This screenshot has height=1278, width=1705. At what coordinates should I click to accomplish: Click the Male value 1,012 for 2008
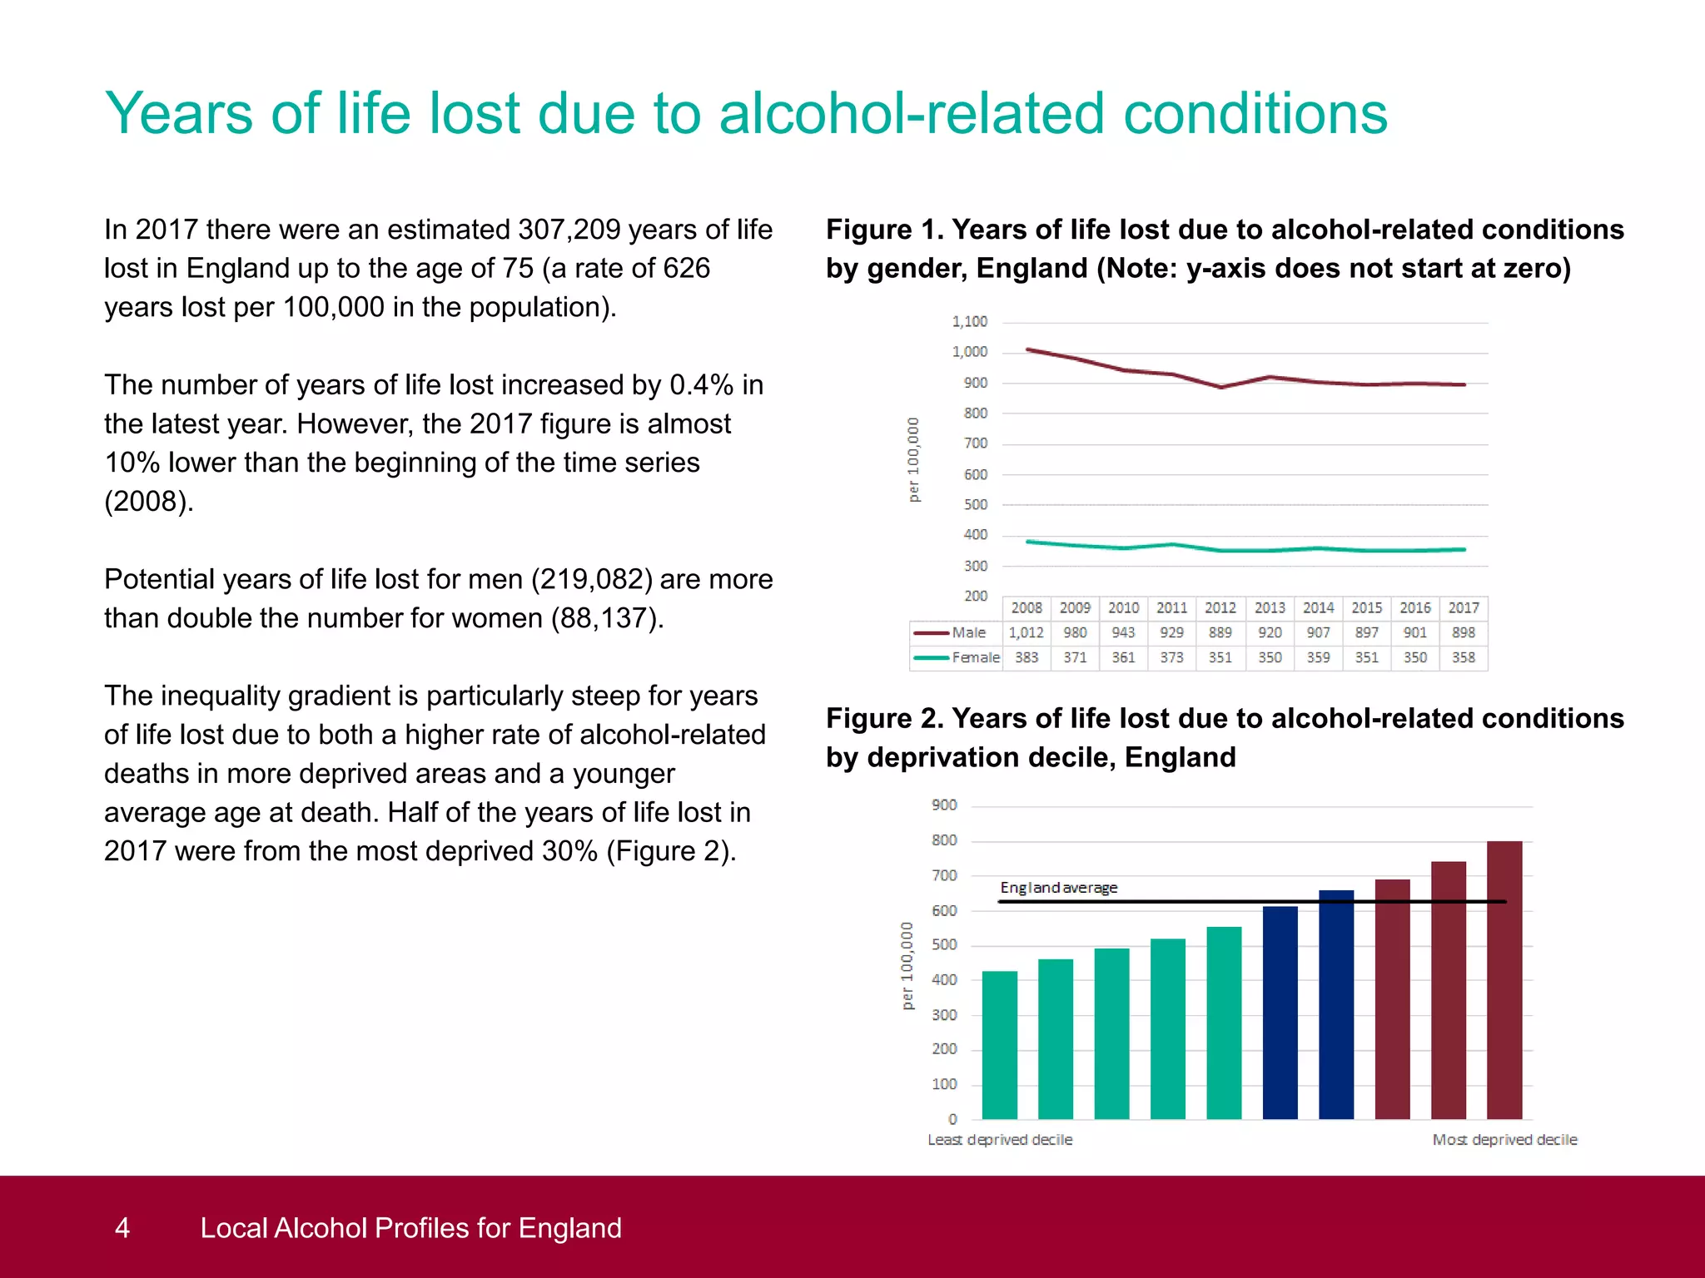[x=1026, y=633]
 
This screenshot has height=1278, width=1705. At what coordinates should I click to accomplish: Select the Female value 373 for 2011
[x=1171, y=657]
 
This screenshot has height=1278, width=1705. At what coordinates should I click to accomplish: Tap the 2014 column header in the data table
[x=1318, y=608]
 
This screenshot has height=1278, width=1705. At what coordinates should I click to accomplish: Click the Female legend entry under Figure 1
[x=957, y=657]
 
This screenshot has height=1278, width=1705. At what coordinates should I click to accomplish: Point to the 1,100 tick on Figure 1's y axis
[x=969, y=322]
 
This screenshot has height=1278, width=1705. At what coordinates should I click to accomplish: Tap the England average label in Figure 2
[x=1058, y=888]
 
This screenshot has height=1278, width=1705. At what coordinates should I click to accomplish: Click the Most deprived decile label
[x=1504, y=1140]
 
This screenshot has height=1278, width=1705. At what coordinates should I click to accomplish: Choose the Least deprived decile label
[x=1000, y=1140]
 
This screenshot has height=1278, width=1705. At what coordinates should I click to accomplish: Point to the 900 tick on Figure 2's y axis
[x=944, y=805]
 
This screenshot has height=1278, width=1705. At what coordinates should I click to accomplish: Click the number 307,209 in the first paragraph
[x=569, y=230]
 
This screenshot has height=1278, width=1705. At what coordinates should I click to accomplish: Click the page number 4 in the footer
[x=122, y=1228]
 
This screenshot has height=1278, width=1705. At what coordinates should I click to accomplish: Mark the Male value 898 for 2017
[x=1463, y=633]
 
